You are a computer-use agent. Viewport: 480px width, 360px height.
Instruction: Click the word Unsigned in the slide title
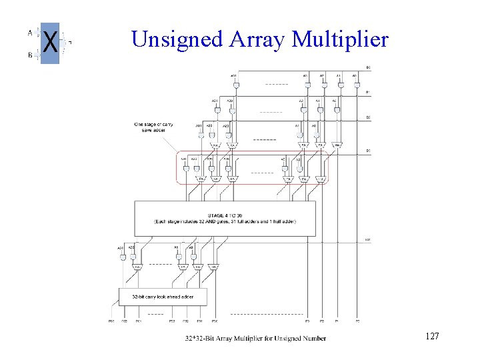pos(175,40)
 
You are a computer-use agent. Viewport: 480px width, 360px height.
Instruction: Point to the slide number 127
pos(431,337)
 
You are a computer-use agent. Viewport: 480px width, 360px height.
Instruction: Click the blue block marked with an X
pos(50,43)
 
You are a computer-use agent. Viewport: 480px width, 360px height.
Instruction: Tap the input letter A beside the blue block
pos(29,32)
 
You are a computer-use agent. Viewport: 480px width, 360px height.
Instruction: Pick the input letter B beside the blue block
pos(29,55)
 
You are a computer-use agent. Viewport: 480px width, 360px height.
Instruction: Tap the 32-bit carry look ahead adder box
pos(163,295)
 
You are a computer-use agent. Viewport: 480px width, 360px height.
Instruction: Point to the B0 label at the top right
pos(368,67)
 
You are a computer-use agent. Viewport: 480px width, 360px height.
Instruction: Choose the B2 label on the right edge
pos(368,118)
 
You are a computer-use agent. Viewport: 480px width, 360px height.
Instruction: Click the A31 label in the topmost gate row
pos(233,75)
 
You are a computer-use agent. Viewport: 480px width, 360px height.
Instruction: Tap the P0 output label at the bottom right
pos(357,321)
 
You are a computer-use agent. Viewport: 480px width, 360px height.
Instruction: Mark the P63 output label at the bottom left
pos(111,321)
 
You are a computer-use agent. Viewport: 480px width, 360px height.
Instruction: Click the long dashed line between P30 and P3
pos(267,313)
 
